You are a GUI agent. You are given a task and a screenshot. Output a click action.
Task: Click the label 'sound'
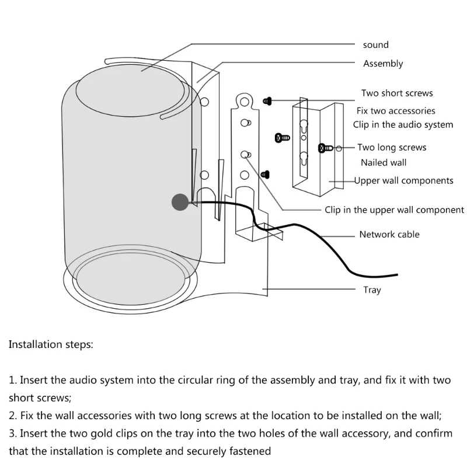point(375,45)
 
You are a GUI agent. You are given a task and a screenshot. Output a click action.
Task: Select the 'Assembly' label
point(383,64)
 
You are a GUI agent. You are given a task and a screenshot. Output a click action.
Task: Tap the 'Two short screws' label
point(397,93)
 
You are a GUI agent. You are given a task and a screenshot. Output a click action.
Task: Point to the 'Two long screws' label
point(392,148)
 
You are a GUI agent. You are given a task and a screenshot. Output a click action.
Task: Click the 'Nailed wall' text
point(383,163)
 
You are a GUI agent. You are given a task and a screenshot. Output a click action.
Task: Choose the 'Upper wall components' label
point(403,180)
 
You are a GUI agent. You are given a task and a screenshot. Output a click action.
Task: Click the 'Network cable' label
point(389,235)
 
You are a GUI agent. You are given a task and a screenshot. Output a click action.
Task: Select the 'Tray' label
point(372,290)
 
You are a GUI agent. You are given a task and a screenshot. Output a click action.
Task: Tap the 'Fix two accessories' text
point(396,110)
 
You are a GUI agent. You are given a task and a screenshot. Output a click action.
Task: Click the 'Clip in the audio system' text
point(403,124)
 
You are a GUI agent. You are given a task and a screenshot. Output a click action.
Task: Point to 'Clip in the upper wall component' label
point(395,210)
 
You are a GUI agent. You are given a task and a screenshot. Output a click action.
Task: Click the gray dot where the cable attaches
point(180,203)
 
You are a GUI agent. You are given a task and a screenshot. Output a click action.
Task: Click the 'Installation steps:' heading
point(51,344)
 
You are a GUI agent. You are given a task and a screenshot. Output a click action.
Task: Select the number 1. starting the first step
point(13,380)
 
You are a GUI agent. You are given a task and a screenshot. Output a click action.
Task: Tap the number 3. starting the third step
point(13,433)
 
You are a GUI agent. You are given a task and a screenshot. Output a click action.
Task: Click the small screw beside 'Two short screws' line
point(267,101)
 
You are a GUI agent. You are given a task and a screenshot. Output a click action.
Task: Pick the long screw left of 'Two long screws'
point(325,148)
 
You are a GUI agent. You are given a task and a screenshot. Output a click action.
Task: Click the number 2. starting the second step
point(13,416)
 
